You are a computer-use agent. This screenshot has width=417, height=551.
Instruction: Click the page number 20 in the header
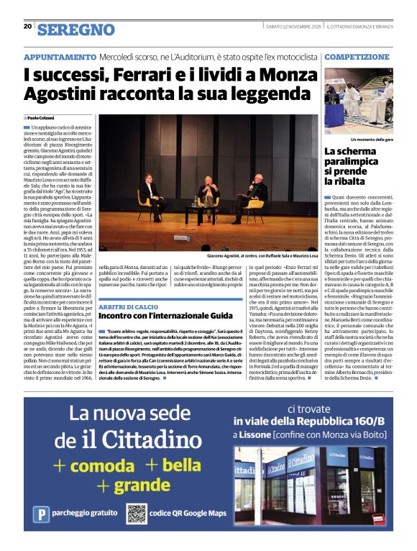[27, 26]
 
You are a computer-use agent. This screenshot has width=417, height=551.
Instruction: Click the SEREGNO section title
[76, 29]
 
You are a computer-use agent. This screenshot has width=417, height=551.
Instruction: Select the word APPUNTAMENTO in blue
[60, 56]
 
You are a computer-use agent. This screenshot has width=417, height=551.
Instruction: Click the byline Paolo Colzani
[41, 117]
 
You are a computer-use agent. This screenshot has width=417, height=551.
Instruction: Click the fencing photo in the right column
[358, 101]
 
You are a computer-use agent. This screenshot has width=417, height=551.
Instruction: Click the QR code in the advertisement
[137, 514]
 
